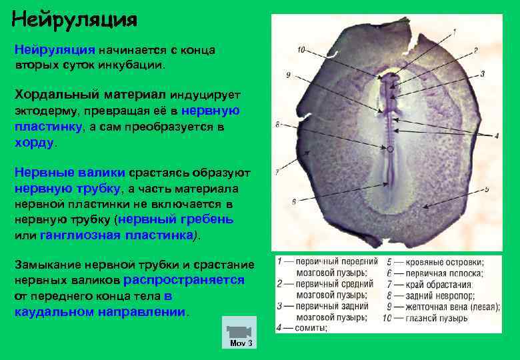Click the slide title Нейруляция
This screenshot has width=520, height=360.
(75, 18)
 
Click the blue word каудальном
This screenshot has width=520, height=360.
(51, 311)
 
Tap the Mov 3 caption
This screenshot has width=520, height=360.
(240, 343)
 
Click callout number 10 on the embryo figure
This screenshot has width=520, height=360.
(301, 49)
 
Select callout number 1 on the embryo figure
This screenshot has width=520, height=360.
(454, 31)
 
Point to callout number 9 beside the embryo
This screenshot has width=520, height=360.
(287, 76)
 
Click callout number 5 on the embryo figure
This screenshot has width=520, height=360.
(487, 189)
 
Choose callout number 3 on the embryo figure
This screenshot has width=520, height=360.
(481, 73)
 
